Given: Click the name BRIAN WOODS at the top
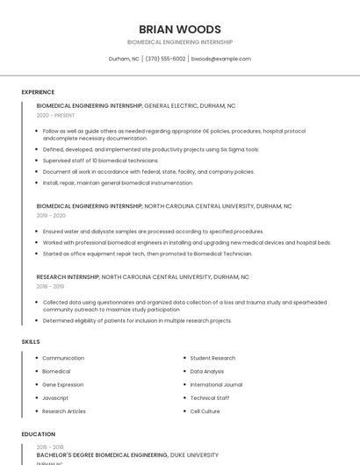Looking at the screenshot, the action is pos(180,29).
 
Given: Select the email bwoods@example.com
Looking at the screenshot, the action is pos(220,59).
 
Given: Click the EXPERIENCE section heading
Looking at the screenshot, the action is pos(38,92).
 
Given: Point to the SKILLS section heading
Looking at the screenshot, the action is pos(31,341).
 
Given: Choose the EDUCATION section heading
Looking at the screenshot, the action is pos(39,434).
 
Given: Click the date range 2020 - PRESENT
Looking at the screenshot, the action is pos(55,115).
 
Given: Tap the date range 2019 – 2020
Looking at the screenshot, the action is pos(51,215).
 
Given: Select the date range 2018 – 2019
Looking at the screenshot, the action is pos(51,286).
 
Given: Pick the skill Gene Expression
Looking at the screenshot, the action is pos(63,384).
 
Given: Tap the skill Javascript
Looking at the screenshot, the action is pos(55,397).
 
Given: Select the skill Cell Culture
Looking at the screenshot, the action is pos(205,411).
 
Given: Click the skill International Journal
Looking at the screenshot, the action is pos(216,384).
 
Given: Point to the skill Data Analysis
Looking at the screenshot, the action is pos(207,371).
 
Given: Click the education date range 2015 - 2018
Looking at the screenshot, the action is pos(50,447).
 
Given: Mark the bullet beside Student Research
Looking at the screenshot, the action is pos(184,358).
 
